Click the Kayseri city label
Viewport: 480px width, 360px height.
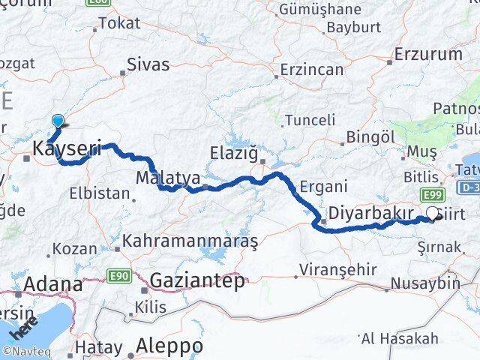66,151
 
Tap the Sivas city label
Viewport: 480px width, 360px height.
148,64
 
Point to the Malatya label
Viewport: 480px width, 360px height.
167,178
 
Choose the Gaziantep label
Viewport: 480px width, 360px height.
197,281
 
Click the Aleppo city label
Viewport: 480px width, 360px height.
169,346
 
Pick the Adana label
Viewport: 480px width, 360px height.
53,284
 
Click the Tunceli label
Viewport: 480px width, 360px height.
310,120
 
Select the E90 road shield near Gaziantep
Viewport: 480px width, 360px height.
118,275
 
